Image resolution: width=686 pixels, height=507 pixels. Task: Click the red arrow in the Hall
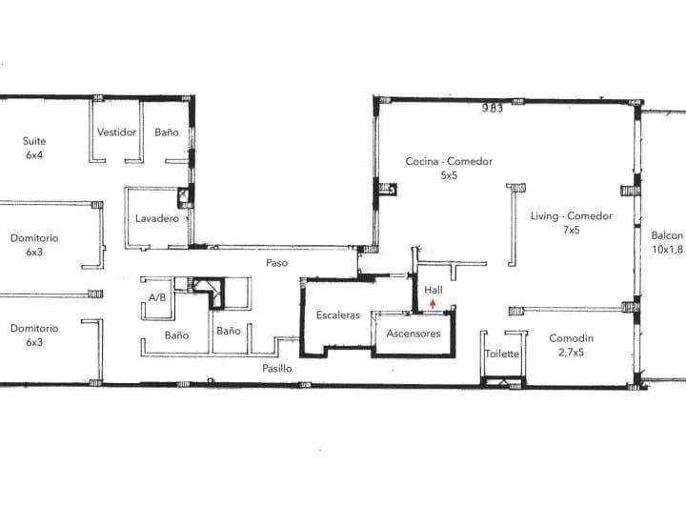coord(433,304)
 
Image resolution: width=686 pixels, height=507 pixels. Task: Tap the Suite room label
coord(34,141)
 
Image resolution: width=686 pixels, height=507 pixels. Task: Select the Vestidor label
coord(116,132)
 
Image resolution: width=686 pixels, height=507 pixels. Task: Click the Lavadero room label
coord(157,218)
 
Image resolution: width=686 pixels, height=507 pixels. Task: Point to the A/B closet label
coord(157,298)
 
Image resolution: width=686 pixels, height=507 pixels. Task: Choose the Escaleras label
coord(338,314)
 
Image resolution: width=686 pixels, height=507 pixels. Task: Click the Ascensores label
coord(414,334)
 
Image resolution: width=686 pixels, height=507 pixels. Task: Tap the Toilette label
coord(502,354)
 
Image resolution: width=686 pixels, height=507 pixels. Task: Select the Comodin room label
coord(572,338)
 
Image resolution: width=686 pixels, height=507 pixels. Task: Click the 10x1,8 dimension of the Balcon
coord(667,250)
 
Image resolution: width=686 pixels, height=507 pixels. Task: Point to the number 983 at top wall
coord(493,108)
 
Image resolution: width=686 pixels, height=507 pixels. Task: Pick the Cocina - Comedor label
coord(449,161)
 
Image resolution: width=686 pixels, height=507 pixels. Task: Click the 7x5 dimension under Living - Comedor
coord(572,230)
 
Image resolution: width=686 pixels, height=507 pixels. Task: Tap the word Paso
coord(277,263)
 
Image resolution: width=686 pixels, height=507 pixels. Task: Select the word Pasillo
coord(277,368)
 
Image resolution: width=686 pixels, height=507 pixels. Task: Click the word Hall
coord(434,290)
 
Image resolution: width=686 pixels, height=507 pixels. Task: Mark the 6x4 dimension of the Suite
coord(34,154)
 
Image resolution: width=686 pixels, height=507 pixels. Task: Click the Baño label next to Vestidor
coord(167,132)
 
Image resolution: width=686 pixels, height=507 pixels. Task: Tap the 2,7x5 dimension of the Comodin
coord(571,353)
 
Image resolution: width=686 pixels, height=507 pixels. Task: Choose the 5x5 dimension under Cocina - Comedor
coord(449,175)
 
